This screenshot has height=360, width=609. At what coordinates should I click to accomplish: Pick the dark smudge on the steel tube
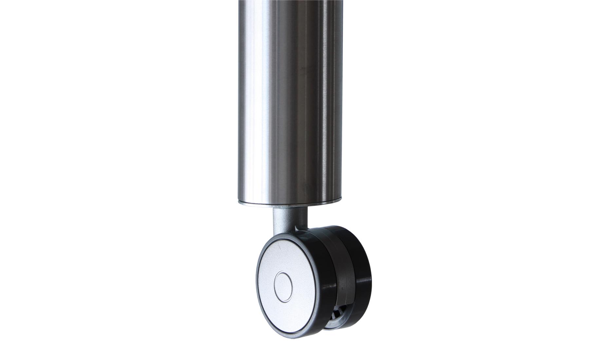[x=304, y=68]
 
